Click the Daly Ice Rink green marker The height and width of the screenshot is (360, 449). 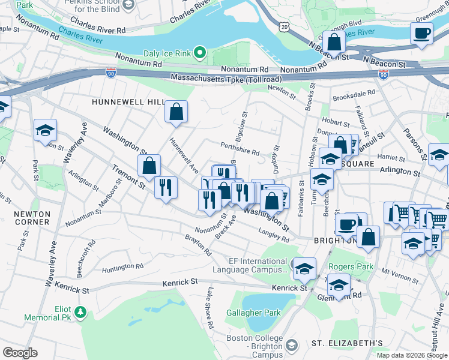[202, 53]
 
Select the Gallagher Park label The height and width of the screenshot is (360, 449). [253, 313]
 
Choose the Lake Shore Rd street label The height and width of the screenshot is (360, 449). [209, 308]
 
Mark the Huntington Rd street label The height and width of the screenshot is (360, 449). [123, 266]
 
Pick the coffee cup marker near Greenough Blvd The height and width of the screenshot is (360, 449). [421, 33]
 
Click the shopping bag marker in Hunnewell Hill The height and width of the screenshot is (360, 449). [176, 111]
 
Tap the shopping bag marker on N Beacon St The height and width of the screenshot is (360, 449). [334, 41]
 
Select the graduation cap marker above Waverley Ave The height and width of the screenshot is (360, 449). [45, 130]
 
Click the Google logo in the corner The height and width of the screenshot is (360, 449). [20, 353]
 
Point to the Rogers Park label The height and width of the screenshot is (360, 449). [351, 266]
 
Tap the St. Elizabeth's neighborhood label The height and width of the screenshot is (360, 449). [347, 343]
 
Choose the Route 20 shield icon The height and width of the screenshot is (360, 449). [284, 26]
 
